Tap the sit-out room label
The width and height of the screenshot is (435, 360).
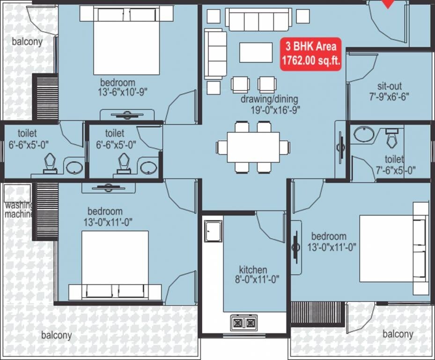[390, 86]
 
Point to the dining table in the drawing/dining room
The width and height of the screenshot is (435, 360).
[253, 147]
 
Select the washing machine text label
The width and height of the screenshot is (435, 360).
[19, 210]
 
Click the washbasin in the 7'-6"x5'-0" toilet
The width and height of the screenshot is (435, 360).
[363, 134]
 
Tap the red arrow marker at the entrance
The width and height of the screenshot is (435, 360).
[388, 4]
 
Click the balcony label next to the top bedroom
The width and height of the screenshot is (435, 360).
[27, 42]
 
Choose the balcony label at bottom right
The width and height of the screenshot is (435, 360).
[398, 334]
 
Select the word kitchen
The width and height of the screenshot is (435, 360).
[253, 270]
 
